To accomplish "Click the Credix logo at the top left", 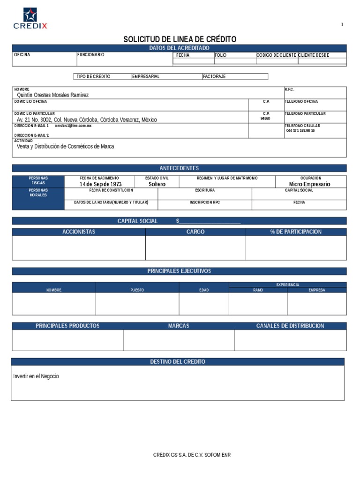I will [30, 19].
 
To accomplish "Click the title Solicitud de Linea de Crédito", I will [180, 39].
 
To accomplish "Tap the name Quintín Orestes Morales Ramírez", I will [52, 95].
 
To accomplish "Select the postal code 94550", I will [265, 119].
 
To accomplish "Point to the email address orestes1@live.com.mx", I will [73, 126].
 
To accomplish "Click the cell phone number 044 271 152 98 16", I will [300, 131].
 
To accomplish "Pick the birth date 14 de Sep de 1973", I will [100, 184].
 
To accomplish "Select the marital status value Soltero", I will [157, 184].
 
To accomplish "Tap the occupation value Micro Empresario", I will [309, 184].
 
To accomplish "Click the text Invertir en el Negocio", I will [36, 376].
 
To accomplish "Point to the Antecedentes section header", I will [179, 168].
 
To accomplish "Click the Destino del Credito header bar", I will [178, 362].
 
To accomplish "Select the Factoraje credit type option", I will [214, 76].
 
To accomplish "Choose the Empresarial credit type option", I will [146, 76].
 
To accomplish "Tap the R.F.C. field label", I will [289, 89].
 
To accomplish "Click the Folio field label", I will [221, 55].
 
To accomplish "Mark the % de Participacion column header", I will [296, 232].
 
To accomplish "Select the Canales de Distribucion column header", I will [290, 326].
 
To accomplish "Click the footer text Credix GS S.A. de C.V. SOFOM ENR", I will [192, 455].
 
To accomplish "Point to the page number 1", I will [342, 25].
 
